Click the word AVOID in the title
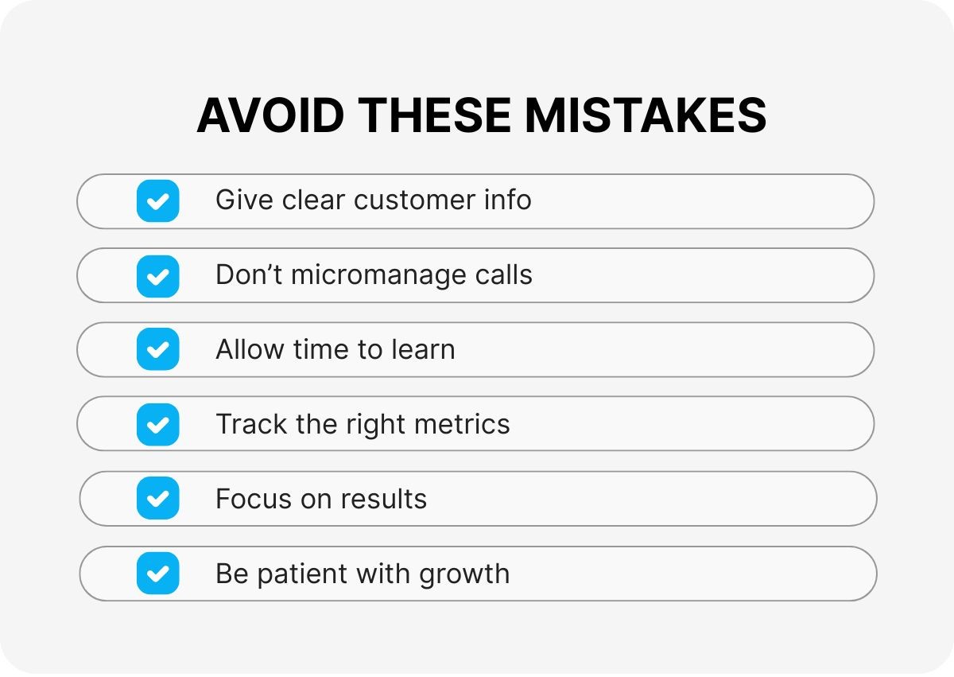coord(270,115)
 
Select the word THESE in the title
coord(434,115)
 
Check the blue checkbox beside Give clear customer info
coord(158,200)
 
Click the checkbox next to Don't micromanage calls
coord(158,276)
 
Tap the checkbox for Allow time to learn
coord(158,349)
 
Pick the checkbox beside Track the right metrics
coord(158,424)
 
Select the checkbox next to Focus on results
coord(158,498)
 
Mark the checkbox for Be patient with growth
coord(158,573)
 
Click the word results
coord(383,499)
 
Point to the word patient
coord(302,574)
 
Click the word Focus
coord(254,499)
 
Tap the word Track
coord(251,424)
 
